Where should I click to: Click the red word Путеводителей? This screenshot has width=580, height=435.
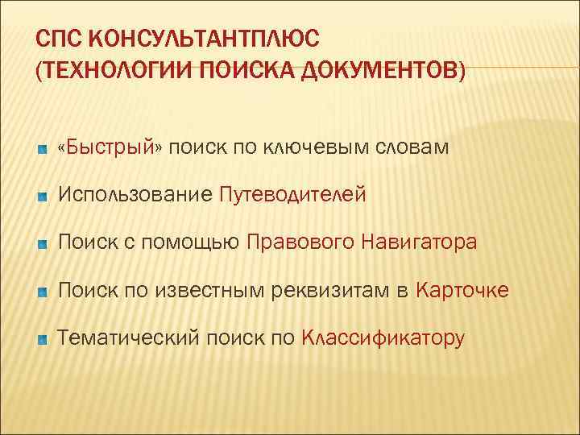coord(293,194)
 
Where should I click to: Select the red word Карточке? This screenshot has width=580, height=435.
coord(462,290)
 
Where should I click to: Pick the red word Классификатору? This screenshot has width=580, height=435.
coord(383,338)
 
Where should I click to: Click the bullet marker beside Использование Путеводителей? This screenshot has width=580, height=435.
coord(42,197)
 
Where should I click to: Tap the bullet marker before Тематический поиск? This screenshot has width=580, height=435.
coord(42,340)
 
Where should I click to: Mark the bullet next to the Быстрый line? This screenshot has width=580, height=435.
coord(42,149)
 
